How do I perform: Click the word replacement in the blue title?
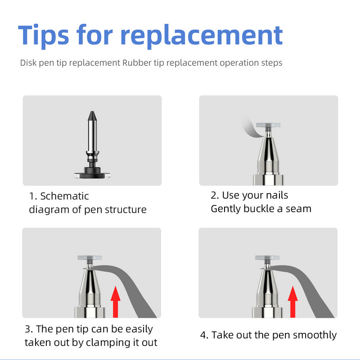click(201, 36)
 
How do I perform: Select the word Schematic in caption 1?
click(64, 196)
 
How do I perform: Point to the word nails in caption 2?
click(277, 195)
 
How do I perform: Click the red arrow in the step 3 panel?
click(115, 302)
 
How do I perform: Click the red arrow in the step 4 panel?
click(293, 302)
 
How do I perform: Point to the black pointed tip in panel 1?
click(92, 116)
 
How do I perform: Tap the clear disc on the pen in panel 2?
click(268, 126)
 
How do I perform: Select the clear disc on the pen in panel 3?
click(90, 258)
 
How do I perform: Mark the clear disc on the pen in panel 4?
click(267, 258)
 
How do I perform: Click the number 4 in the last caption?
click(203, 335)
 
